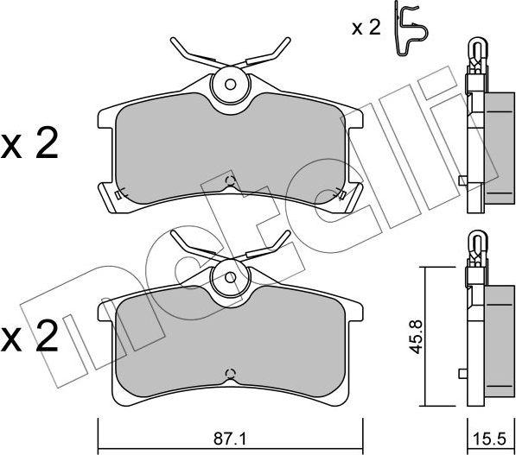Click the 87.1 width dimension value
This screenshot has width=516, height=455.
click(x=230, y=439)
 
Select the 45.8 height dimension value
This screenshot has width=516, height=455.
click(x=417, y=337)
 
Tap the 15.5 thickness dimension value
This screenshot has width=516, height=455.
click(x=488, y=439)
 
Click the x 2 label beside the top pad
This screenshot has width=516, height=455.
click(x=29, y=143)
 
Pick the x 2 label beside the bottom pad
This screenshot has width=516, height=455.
click(x=29, y=335)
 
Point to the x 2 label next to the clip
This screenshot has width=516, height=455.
click(x=366, y=28)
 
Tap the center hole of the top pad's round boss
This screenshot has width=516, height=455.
click(x=231, y=85)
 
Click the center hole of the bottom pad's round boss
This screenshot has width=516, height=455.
click(x=231, y=277)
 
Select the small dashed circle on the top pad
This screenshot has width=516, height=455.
click(x=231, y=180)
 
